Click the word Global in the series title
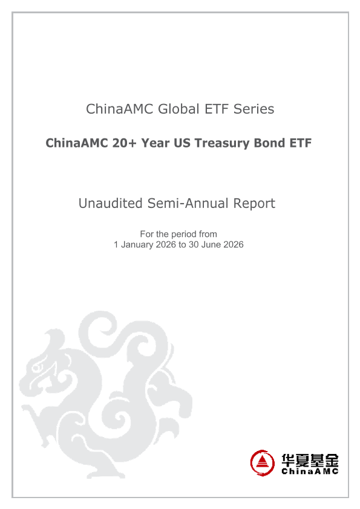(178, 109)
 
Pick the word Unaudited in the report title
(111, 204)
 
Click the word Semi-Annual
(188, 204)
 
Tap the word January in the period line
(137, 245)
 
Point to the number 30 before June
(194, 245)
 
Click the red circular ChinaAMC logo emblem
(262, 462)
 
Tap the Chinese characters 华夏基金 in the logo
(310, 460)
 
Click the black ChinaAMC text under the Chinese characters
(310, 472)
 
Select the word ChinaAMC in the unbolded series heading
(120, 109)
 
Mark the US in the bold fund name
(182, 143)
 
